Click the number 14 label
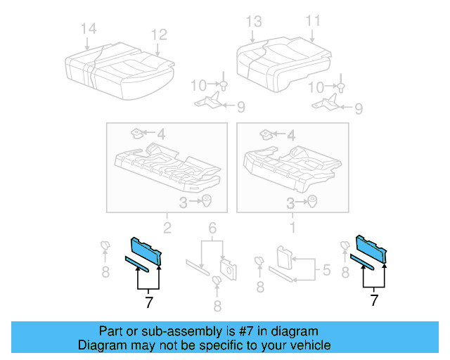pos(88,30)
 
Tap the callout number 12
pos(158,34)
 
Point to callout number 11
pos(312,20)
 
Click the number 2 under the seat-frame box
pos(167,227)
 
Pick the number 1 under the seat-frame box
pos(292,227)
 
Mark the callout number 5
pos(326,269)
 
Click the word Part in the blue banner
pos(112,331)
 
